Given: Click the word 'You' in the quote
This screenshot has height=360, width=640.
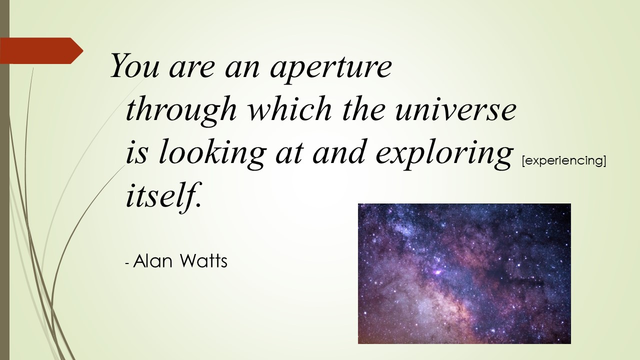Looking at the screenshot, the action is point(134,65).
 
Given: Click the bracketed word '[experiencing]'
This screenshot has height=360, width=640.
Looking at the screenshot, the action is point(563,161).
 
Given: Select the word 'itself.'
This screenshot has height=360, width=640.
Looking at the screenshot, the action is point(164,195).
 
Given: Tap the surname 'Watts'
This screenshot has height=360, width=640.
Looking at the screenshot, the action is point(204,261).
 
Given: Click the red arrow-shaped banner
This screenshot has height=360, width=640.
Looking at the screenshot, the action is point(41,50).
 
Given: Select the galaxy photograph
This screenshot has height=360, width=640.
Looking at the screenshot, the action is point(464,273).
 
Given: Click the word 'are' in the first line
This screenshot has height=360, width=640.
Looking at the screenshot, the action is point(191,68).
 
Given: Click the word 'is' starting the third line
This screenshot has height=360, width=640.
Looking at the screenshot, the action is point(137,153).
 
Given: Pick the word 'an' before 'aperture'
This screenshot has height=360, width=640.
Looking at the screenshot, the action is point(242,68).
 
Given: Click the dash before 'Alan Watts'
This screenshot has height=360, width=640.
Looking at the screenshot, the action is point(127,263).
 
